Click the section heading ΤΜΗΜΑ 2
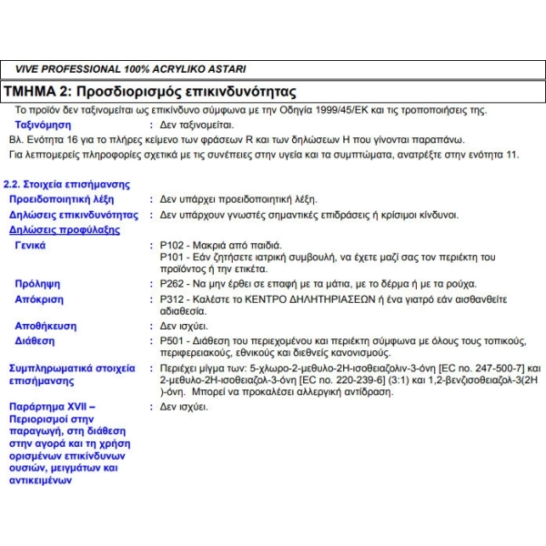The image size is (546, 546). click(40, 92)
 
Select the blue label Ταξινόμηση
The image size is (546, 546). click(43, 126)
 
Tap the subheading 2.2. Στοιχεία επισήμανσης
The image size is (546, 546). click(63, 184)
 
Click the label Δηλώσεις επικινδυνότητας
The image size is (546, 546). click(73, 216)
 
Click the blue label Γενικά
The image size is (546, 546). click(31, 245)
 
